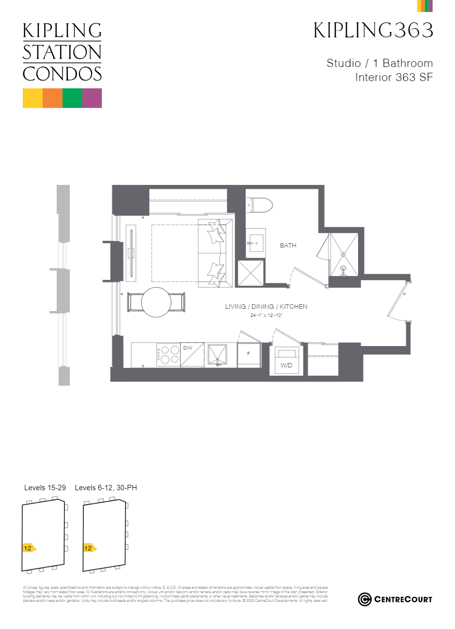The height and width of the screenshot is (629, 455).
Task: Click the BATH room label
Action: tap(288, 246)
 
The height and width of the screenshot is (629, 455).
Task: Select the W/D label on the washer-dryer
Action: tap(286, 365)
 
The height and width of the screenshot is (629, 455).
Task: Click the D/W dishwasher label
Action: tap(188, 348)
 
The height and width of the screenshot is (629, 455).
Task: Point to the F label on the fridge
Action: tap(249, 354)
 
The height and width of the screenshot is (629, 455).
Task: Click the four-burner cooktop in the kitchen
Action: tap(168, 354)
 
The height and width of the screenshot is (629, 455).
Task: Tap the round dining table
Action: tap(156, 302)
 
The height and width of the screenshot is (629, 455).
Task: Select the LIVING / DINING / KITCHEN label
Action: tap(266, 307)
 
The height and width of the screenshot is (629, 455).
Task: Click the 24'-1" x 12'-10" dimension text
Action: tap(266, 315)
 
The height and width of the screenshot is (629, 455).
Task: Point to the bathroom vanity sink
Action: tap(256, 241)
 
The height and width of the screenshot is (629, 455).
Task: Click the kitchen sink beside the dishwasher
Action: tap(217, 355)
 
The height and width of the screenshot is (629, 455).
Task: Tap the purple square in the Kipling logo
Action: tap(92, 98)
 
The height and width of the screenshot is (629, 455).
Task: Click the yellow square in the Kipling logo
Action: tap(32, 98)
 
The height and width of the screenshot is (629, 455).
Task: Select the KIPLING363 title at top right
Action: tap(373, 30)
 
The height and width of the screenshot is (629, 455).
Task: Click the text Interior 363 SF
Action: tap(393, 77)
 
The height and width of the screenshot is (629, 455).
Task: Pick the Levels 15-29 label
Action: tap(45, 488)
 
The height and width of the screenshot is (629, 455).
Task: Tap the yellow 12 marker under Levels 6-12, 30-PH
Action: tap(88, 548)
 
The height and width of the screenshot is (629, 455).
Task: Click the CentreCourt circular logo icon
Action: tap(364, 599)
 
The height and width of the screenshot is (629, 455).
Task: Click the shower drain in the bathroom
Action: tap(344, 253)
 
